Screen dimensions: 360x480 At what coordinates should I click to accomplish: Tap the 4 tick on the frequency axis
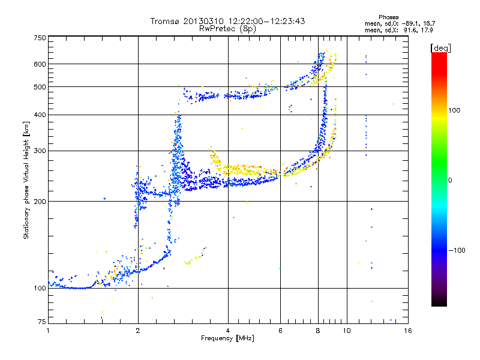(228, 331)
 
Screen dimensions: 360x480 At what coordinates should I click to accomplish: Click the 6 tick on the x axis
(281, 331)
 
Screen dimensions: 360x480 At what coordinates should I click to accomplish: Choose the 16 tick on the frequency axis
(407, 331)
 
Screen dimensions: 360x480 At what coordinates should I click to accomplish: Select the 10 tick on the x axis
(346, 331)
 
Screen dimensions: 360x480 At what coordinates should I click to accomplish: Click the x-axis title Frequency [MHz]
(227, 338)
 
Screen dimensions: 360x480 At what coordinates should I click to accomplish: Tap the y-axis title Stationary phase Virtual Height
(26, 180)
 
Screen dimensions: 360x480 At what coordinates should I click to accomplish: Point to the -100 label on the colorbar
(457, 250)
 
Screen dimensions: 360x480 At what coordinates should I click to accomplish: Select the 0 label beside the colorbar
(450, 180)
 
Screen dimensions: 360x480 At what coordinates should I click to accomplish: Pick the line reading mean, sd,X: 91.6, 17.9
(390, 30)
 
